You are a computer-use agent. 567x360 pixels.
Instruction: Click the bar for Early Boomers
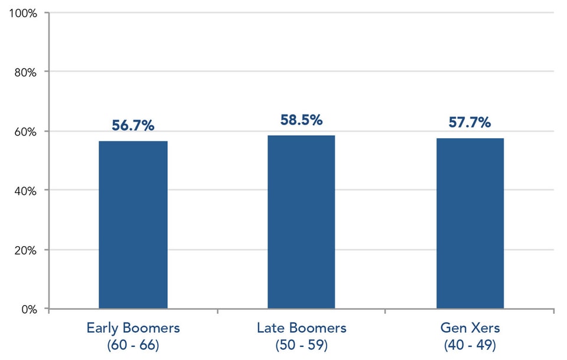133,225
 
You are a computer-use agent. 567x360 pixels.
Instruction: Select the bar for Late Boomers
301,222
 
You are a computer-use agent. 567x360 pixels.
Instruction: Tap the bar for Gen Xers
470,223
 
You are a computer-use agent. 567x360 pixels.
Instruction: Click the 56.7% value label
133,126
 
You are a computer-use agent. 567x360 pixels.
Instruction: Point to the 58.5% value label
301,120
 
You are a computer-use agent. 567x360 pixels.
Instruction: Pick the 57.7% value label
470,123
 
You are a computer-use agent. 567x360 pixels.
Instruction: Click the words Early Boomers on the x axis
133,328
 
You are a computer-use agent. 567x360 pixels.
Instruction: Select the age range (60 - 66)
133,344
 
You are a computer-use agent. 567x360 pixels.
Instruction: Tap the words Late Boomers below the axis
301,328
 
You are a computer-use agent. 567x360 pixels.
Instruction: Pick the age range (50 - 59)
301,344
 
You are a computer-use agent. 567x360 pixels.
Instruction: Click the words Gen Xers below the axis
470,328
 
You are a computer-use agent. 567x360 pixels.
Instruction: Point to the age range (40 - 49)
470,344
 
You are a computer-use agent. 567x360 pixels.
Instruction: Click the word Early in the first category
103,328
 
